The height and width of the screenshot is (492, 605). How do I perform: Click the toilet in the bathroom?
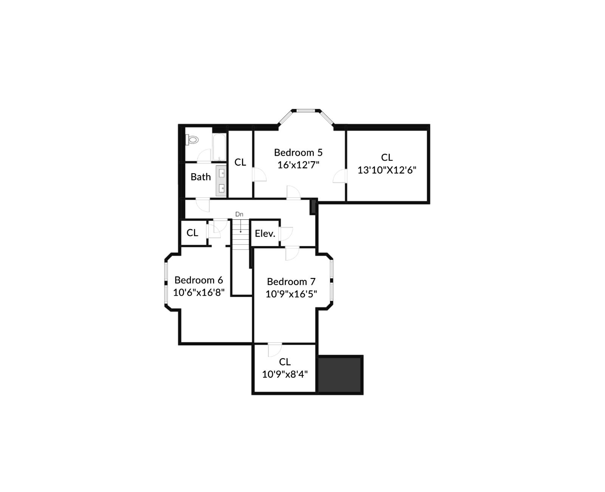click(x=192, y=140)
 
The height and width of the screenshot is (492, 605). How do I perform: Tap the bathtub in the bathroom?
click(x=219, y=147)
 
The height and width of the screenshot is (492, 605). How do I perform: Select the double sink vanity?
click(x=221, y=181)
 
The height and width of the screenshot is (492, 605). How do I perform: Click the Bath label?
click(x=200, y=177)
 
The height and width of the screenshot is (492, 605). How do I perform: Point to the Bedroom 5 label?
click(x=298, y=152)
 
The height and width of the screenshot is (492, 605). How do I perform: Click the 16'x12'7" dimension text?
click(x=298, y=165)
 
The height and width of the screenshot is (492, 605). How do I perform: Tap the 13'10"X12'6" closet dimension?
click(x=386, y=170)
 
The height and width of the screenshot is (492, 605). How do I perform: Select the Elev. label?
click(x=265, y=234)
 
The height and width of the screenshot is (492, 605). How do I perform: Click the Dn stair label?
click(x=239, y=214)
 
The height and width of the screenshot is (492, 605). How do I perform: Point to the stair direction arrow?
click(x=240, y=226)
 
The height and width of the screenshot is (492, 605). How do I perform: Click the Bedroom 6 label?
click(x=199, y=280)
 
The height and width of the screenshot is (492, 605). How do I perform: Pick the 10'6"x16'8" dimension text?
click(x=199, y=292)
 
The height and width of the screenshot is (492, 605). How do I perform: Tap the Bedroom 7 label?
click(x=291, y=282)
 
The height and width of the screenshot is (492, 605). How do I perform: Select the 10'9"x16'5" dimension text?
click(x=291, y=294)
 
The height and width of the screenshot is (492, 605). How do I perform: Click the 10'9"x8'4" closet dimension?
click(x=285, y=374)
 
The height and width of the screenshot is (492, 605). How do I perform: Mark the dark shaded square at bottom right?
click(x=340, y=375)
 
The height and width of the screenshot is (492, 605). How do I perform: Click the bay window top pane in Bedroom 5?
click(x=306, y=111)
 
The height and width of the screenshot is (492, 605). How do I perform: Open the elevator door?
click(x=285, y=233)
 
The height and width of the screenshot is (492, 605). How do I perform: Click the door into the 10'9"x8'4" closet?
click(x=275, y=349)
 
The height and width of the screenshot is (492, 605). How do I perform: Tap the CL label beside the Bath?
click(x=240, y=162)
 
